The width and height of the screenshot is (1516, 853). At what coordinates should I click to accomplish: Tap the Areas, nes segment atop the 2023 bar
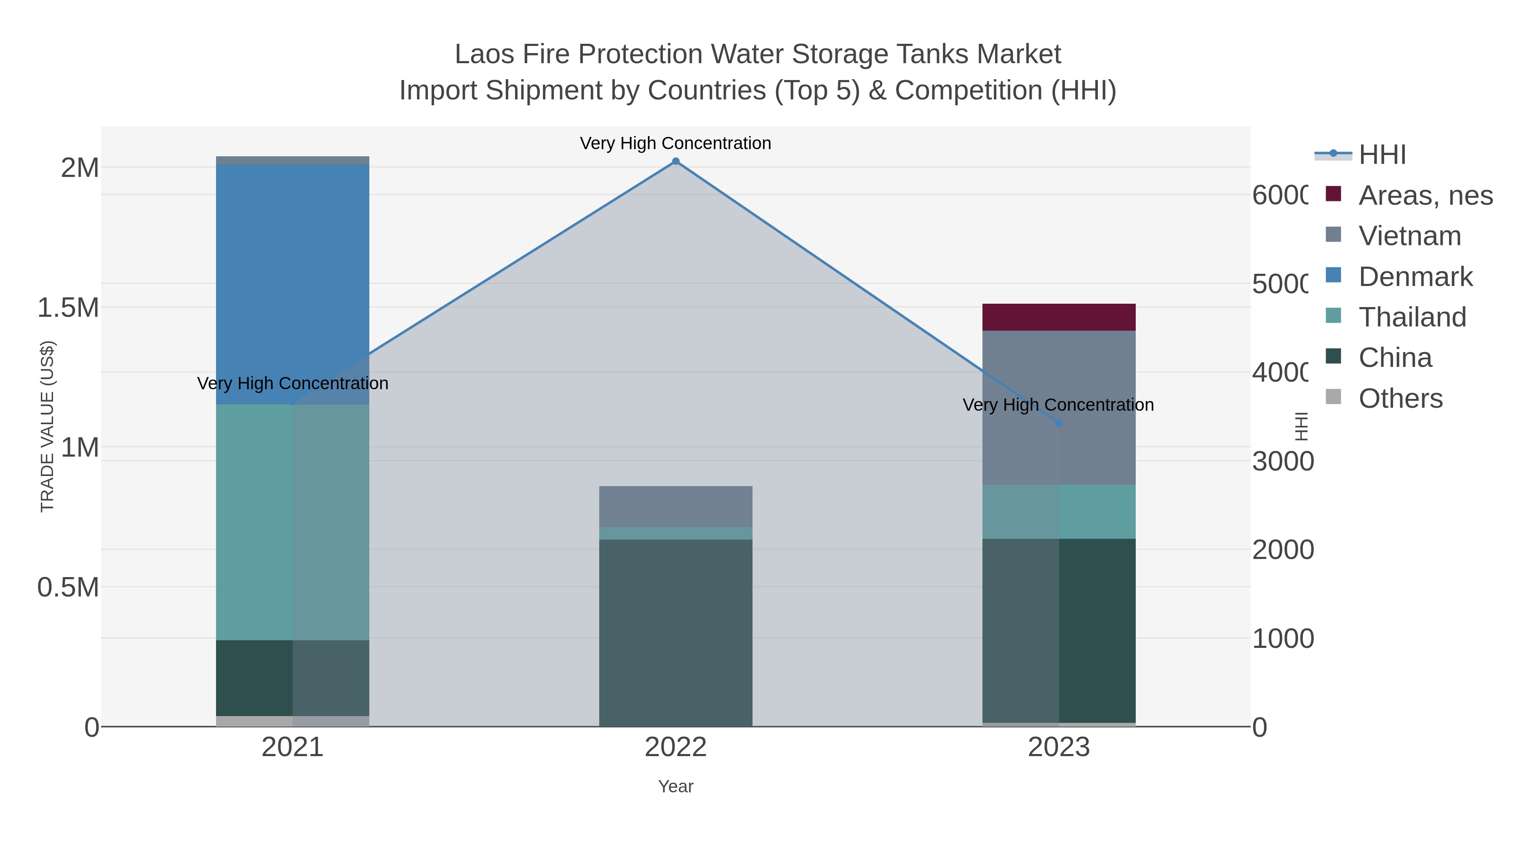pyautogui.click(x=1058, y=317)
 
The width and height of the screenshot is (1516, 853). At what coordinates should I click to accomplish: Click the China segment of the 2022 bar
pyautogui.click(x=675, y=632)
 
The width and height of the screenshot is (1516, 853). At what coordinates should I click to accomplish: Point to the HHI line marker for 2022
pyautogui.click(x=675, y=161)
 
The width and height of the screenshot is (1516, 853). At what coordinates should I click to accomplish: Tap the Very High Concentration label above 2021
pyautogui.click(x=293, y=383)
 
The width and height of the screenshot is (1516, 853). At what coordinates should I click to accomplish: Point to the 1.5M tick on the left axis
pyautogui.click(x=68, y=308)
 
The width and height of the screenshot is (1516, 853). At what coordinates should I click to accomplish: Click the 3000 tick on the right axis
pyautogui.click(x=1282, y=462)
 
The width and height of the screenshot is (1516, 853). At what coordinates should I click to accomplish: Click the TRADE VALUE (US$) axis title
pyautogui.click(x=47, y=426)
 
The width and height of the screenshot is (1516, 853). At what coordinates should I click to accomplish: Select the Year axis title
pyautogui.click(x=675, y=786)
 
